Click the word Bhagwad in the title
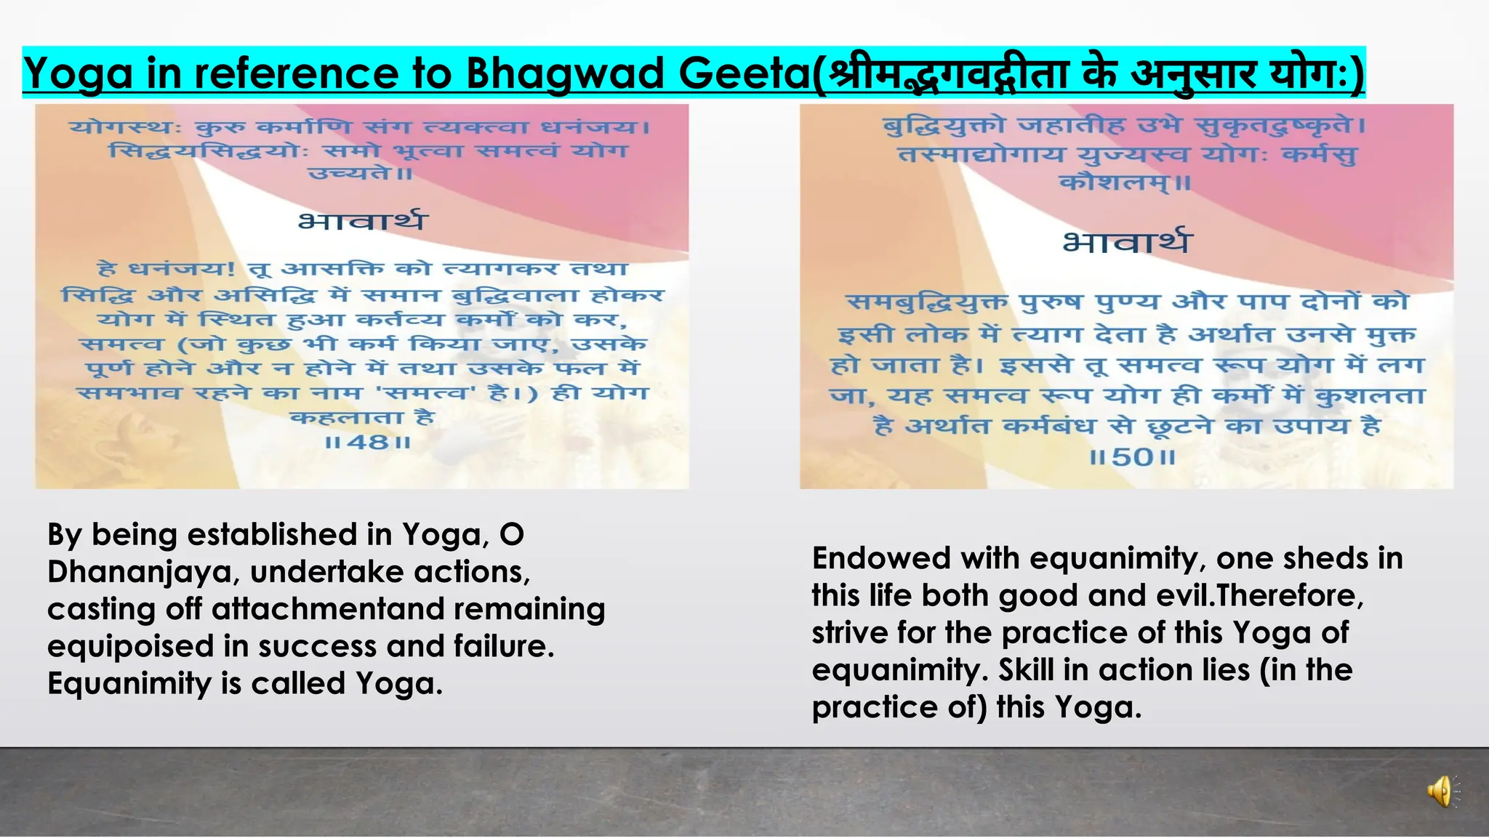(564, 73)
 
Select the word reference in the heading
(297, 73)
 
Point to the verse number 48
(369, 441)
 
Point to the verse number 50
(1133, 457)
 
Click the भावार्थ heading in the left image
(363, 220)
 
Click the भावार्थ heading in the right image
(1127, 241)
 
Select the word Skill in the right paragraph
(1027, 670)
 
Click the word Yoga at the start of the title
(78, 73)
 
